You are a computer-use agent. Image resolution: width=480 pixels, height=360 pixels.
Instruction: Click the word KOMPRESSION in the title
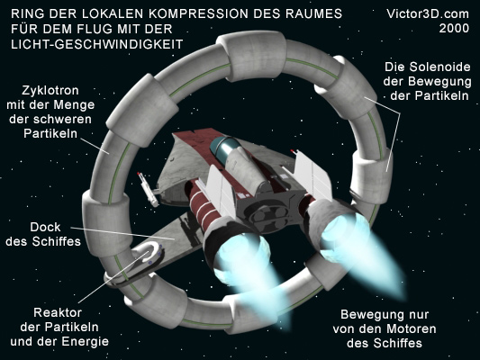(196, 13)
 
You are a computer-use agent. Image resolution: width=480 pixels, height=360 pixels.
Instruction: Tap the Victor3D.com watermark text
(428, 13)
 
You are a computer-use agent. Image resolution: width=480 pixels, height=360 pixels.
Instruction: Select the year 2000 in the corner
(454, 29)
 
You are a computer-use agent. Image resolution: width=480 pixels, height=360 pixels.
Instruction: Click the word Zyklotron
(50, 91)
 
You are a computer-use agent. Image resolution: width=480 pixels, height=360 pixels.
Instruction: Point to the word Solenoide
(440, 67)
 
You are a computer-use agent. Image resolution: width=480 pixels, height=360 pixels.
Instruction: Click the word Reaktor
(58, 312)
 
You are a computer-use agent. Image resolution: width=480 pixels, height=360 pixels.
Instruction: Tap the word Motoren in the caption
(411, 328)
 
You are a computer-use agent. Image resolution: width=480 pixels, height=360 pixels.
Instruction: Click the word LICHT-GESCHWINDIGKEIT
(97, 44)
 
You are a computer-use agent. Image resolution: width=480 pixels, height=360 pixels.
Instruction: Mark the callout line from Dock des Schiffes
(122, 233)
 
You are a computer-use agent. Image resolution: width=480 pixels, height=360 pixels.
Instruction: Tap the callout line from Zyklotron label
(95, 145)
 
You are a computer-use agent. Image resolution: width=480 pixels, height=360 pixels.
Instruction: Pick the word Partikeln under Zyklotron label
(50, 134)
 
